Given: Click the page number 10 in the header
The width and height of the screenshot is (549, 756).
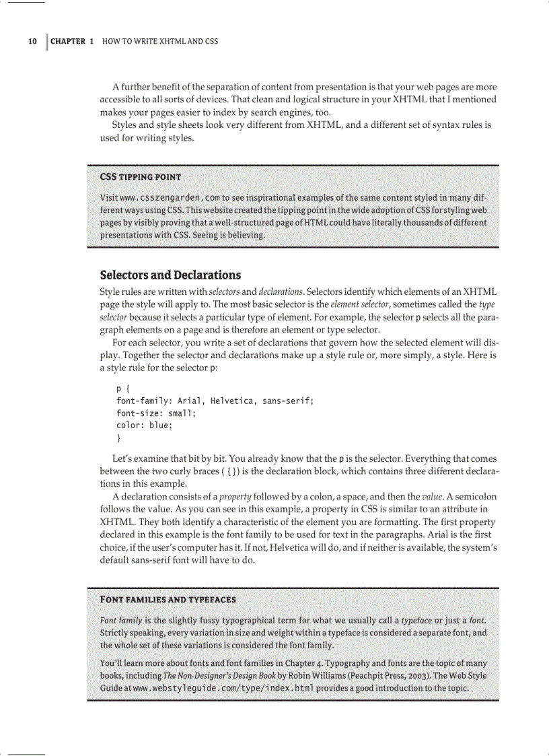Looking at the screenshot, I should tap(32, 41).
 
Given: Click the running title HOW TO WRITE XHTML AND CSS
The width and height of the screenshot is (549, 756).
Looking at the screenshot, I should tap(160, 41).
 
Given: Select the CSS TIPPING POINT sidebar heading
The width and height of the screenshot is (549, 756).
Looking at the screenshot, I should tap(140, 177).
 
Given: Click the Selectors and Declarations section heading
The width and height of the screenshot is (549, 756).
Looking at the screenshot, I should tap(170, 275).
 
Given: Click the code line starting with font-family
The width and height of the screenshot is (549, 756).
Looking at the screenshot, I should tap(215, 401).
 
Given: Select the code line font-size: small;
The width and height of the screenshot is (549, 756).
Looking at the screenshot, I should tap(155, 413).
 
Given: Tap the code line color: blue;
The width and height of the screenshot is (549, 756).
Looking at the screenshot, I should tap(144, 425).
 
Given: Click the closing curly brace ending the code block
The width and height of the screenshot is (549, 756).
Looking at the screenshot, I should tap(118, 438).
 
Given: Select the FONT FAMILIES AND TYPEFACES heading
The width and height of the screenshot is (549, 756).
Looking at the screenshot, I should tap(168, 599).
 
